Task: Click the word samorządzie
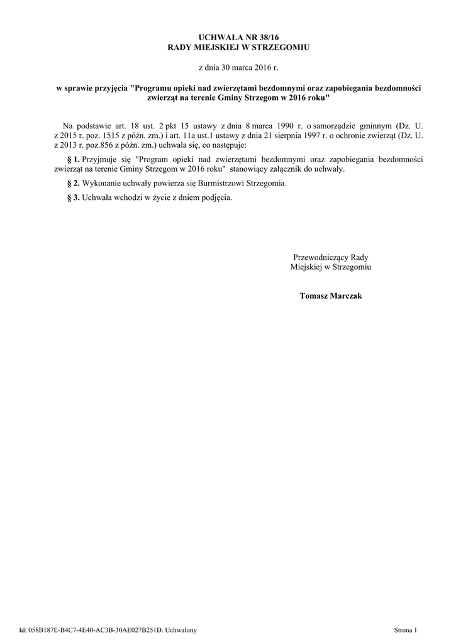tap(340, 126)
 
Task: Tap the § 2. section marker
tap(73, 184)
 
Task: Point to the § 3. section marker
tap(73, 197)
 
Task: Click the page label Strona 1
tap(405, 630)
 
